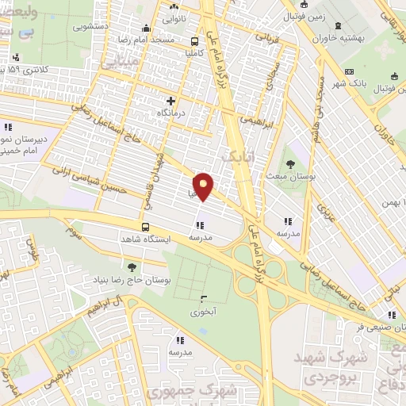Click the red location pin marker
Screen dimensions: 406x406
point(205,186)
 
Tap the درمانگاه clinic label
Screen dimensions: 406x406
point(173,114)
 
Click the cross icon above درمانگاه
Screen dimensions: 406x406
point(170,101)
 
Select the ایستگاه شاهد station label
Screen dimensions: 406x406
point(141,238)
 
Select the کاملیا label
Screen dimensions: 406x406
point(195,54)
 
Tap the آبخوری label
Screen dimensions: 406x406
point(204,312)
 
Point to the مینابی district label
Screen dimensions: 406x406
point(126,59)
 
